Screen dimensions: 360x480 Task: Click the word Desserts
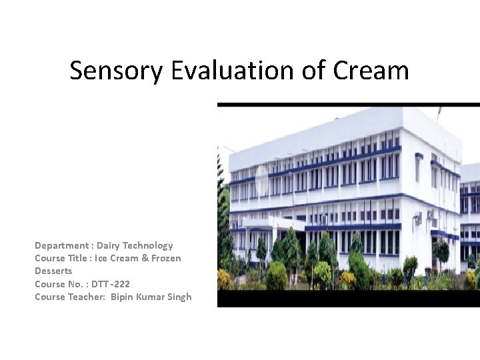click(53, 271)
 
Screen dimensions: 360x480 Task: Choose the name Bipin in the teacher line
click(123, 297)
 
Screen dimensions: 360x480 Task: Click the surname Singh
click(179, 297)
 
